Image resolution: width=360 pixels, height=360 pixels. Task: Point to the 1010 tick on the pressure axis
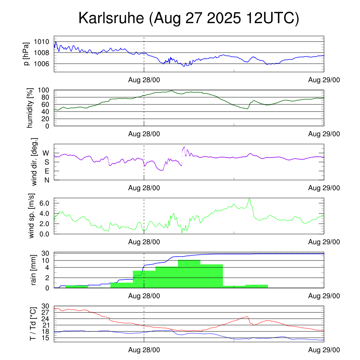[41, 41]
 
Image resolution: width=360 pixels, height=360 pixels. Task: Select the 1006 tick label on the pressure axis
[41, 64]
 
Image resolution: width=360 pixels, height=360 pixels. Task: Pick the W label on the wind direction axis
[46, 153]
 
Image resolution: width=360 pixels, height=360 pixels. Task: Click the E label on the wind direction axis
[46, 171]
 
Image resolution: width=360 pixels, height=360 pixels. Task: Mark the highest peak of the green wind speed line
[249, 198]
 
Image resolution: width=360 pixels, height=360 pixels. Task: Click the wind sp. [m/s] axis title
[33, 216]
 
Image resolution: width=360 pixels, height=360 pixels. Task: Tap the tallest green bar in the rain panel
[189, 274]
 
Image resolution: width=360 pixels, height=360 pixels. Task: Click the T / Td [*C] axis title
[33, 324]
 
